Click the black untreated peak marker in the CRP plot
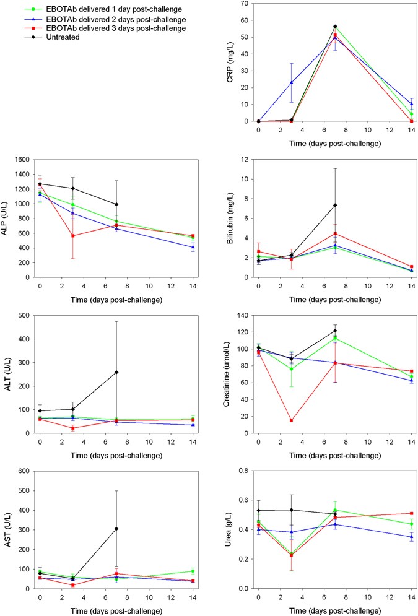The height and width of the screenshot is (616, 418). tap(335, 27)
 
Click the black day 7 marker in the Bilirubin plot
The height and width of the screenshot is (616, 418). tap(335, 205)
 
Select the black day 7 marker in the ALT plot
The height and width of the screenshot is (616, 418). tap(117, 372)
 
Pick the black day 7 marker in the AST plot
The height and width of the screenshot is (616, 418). tap(117, 529)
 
